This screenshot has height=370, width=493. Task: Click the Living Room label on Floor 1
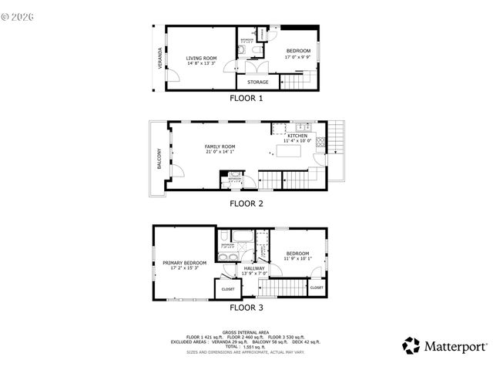(202, 58)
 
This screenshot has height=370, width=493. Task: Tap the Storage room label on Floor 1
(258, 82)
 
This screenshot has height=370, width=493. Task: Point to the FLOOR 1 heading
(246, 99)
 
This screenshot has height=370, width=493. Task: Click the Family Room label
(220, 146)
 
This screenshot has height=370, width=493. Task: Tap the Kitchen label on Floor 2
(297, 136)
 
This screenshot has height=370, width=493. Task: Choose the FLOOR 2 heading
(246, 204)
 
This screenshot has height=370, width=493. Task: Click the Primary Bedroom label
(185, 263)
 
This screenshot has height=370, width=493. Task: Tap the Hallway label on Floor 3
(254, 268)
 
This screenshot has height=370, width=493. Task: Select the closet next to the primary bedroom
(228, 289)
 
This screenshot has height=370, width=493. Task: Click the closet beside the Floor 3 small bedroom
(317, 288)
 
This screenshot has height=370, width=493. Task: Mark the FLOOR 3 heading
(246, 308)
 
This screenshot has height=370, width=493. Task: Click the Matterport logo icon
(412, 345)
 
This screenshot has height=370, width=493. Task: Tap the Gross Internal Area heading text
(246, 331)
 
